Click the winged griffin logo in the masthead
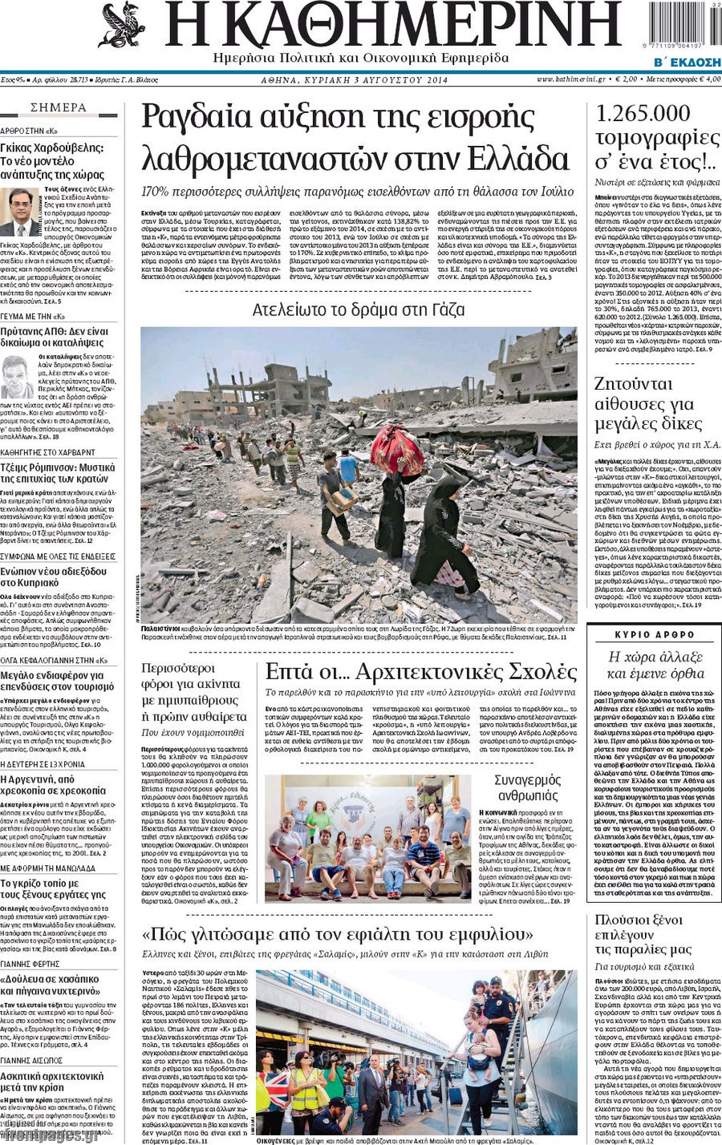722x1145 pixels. (122, 26)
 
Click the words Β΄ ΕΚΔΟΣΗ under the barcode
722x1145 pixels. (687, 62)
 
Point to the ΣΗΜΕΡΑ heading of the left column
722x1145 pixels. (59, 107)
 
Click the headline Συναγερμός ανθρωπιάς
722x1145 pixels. (527, 787)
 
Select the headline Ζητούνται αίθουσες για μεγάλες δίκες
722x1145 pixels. (644, 403)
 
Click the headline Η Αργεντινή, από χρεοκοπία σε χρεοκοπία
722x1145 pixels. (53, 784)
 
